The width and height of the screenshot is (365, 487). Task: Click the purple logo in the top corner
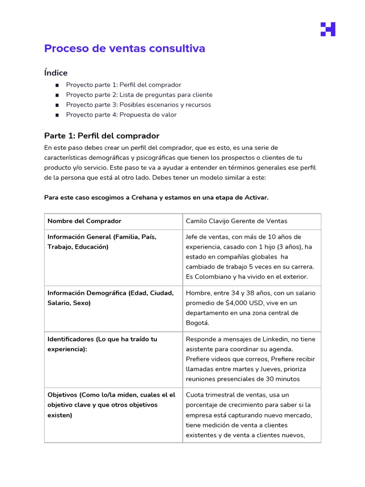tap(327, 29)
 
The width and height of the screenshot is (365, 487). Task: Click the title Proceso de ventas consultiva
tap(125, 49)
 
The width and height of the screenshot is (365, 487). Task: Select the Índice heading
tap(56, 73)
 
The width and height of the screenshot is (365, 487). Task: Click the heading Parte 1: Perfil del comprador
tap(102, 136)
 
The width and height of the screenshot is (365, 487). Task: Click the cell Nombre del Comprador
tap(84, 221)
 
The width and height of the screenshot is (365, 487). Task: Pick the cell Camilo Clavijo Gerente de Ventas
tap(236, 221)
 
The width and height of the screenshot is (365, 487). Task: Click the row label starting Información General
tap(102, 242)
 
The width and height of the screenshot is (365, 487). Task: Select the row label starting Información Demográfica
tap(110, 298)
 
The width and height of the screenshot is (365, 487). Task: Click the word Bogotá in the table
tap(197, 323)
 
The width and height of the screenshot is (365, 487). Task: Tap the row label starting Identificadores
tap(102, 344)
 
